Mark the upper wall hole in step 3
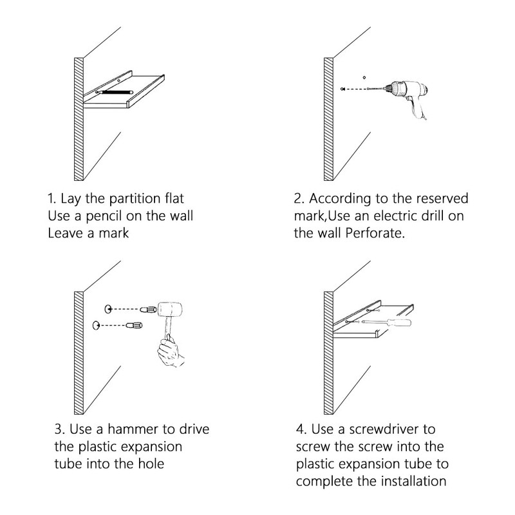(x=108, y=308)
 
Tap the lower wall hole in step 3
(x=97, y=324)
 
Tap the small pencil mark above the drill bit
(x=364, y=74)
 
